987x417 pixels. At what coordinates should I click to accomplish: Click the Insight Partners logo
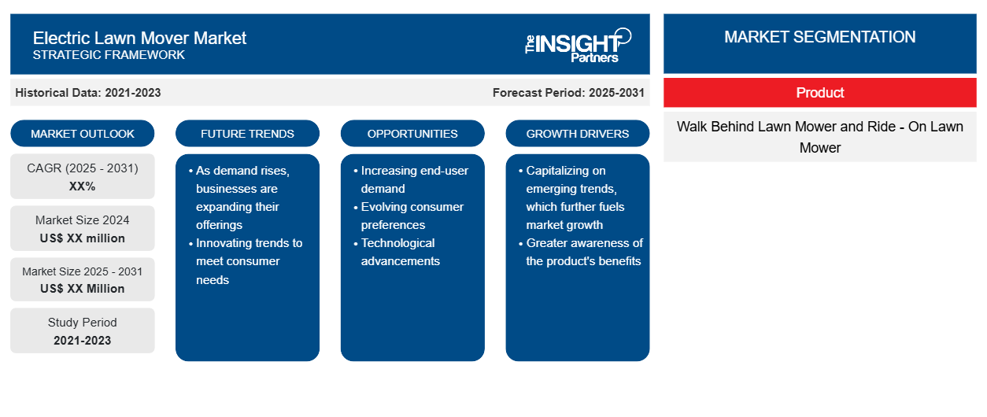coord(578,46)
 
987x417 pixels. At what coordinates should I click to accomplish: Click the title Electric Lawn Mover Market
coord(139,39)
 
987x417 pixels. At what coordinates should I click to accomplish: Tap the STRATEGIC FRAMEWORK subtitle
coord(109,55)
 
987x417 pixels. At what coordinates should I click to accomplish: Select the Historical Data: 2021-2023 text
coord(88,93)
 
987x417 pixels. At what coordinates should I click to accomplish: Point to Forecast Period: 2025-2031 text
coord(568,93)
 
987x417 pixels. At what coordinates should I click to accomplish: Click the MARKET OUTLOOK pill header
coord(83,134)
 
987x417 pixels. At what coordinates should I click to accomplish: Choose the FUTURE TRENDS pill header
coord(247,134)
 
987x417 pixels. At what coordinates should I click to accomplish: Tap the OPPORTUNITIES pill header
coord(412,134)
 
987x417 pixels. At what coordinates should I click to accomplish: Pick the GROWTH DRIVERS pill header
coord(577,134)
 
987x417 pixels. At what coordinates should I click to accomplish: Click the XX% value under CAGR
coord(83,186)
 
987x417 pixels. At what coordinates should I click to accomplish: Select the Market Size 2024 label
coord(83,220)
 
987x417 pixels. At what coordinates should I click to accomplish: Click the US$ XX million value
coord(83,238)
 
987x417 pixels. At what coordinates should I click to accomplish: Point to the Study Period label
coord(83,323)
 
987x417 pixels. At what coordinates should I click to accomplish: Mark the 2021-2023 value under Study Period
coord(83,341)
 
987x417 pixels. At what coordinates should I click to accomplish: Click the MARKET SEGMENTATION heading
coord(819,37)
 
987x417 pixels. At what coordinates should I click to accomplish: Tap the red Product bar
coord(820,93)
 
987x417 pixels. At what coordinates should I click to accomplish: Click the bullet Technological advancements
coord(397,252)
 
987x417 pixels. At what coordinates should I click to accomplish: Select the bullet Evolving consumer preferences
coord(409,216)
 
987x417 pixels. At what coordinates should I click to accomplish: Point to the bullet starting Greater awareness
coord(581,252)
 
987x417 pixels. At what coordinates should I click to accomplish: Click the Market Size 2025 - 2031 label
coord(83,271)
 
